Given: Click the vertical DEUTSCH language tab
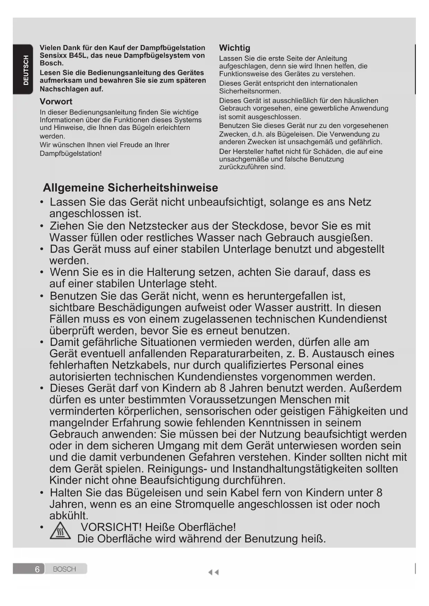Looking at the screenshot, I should (x=26, y=70).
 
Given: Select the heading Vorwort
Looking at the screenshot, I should (x=56, y=102).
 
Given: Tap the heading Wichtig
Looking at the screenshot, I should (x=234, y=48).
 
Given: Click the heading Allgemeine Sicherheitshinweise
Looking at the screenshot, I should (x=130, y=188).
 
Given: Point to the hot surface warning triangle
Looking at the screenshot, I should (x=60, y=531).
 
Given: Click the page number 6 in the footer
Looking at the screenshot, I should (x=37, y=569).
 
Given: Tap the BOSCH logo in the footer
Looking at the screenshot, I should (x=65, y=569).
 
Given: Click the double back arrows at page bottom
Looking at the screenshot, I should (x=213, y=572).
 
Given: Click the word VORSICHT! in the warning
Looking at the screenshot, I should (x=111, y=527).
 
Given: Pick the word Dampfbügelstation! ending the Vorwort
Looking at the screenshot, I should (x=71, y=153).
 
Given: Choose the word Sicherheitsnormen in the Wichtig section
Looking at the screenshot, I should (x=250, y=91).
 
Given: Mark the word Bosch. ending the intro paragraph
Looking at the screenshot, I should (x=52, y=63).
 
